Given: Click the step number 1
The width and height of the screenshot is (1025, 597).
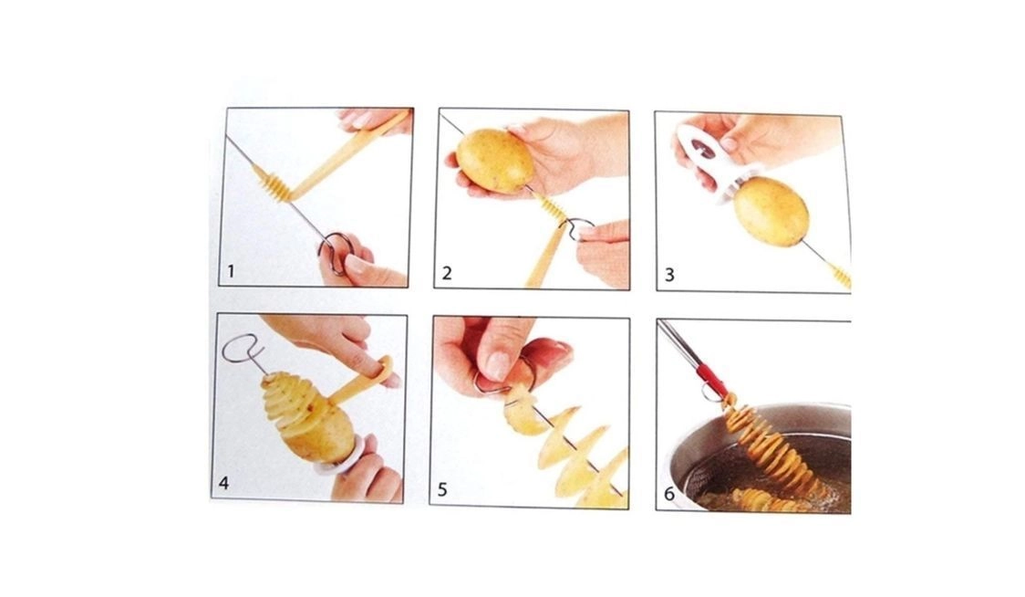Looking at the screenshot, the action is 231,271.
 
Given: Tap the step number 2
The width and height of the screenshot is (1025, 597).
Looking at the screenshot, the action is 447,273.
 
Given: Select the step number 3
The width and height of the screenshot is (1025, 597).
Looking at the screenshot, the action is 668,275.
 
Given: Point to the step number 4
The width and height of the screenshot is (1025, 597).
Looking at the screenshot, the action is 224,484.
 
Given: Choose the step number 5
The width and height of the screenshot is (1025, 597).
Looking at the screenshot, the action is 442,489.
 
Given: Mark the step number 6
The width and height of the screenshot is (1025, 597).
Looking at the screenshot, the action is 668,494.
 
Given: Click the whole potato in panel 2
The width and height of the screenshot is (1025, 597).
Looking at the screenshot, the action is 495,161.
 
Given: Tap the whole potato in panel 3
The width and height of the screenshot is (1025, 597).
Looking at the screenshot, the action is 771,210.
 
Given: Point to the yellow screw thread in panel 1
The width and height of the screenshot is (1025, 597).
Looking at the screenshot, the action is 272,184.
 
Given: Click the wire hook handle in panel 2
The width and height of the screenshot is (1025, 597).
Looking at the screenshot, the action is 579,230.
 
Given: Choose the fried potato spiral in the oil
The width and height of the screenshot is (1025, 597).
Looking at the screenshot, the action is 771,501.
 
